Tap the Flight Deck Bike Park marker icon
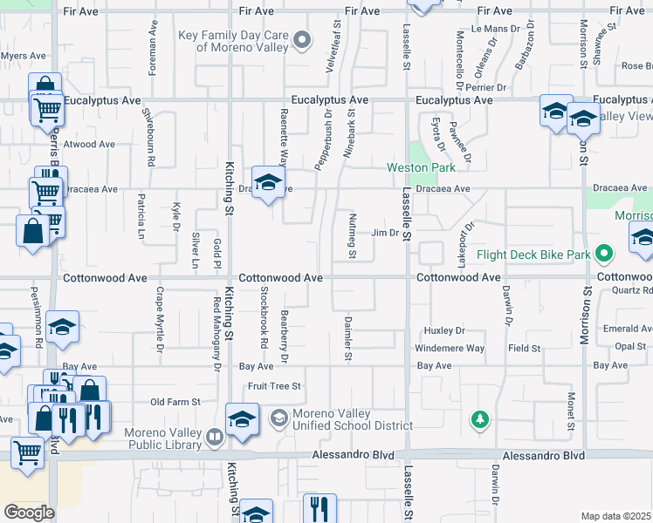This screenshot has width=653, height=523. coord(603,255)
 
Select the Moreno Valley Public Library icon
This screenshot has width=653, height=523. coord(215,436)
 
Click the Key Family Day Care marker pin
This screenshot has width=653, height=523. coord(303,39)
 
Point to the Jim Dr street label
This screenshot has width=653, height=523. coord(385,233)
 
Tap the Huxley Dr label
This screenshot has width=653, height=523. coord(444,331)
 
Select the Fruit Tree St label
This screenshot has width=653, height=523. coord(274,385)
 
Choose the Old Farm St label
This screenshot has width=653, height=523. coord(175,402)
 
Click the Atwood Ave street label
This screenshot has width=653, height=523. coord(90,145)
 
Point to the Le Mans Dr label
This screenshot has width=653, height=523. coord(488,29)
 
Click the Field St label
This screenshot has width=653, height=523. coord(525,348)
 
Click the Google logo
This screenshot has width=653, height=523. coord(29,513)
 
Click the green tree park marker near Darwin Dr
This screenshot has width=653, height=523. coord(479,420)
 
